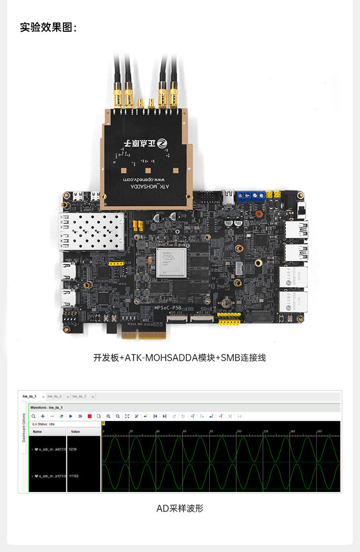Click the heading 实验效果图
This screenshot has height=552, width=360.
pyautogui.click(x=48, y=27)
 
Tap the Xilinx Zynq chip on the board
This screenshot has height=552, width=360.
pyautogui.click(x=171, y=262)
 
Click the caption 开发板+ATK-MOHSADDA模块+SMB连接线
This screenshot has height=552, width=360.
pyautogui.click(x=180, y=358)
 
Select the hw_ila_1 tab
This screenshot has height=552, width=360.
pyautogui.click(x=30, y=396)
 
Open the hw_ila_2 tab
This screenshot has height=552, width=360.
pyautogui.click(x=54, y=396)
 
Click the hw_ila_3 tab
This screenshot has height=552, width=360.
pyautogui.click(x=79, y=396)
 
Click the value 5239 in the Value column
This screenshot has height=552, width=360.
pyautogui.click(x=73, y=449)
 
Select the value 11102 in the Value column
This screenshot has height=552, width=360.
pyautogui.click(x=74, y=476)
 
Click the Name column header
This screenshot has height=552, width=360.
pyautogui.click(x=37, y=432)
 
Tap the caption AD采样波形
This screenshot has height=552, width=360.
pyautogui.click(x=180, y=508)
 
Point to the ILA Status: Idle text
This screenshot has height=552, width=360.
pyautogui.click(x=44, y=424)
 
